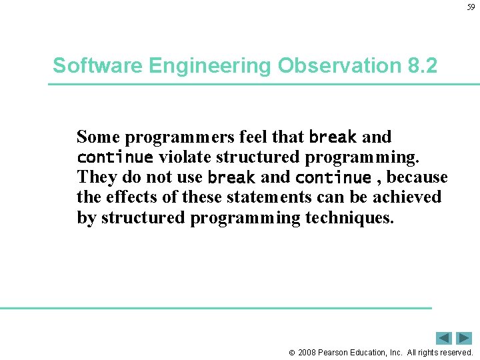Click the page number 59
click(x=471, y=7)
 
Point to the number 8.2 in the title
click(x=421, y=66)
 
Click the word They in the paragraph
click(x=96, y=177)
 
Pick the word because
click(x=417, y=177)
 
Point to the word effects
click(x=133, y=197)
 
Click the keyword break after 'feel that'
click(x=333, y=137)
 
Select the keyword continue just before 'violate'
click(x=115, y=158)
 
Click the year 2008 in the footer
click(x=307, y=352)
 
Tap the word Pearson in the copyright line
click(x=335, y=352)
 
